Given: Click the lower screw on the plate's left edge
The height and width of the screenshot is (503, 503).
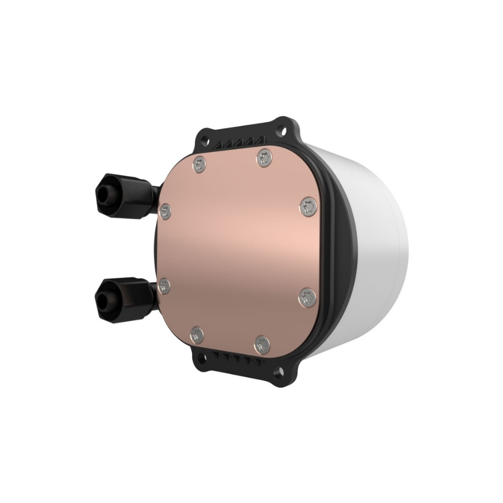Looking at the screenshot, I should [x=164, y=287].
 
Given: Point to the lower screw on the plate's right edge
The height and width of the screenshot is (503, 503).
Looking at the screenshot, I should [x=306, y=297].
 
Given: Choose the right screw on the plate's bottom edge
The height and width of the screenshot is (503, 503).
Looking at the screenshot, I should [x=261, y=345].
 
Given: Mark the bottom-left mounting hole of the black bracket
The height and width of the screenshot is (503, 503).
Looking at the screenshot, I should [x=203, y=358].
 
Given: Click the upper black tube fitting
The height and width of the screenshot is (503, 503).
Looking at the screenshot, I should [x=123, y=193].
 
